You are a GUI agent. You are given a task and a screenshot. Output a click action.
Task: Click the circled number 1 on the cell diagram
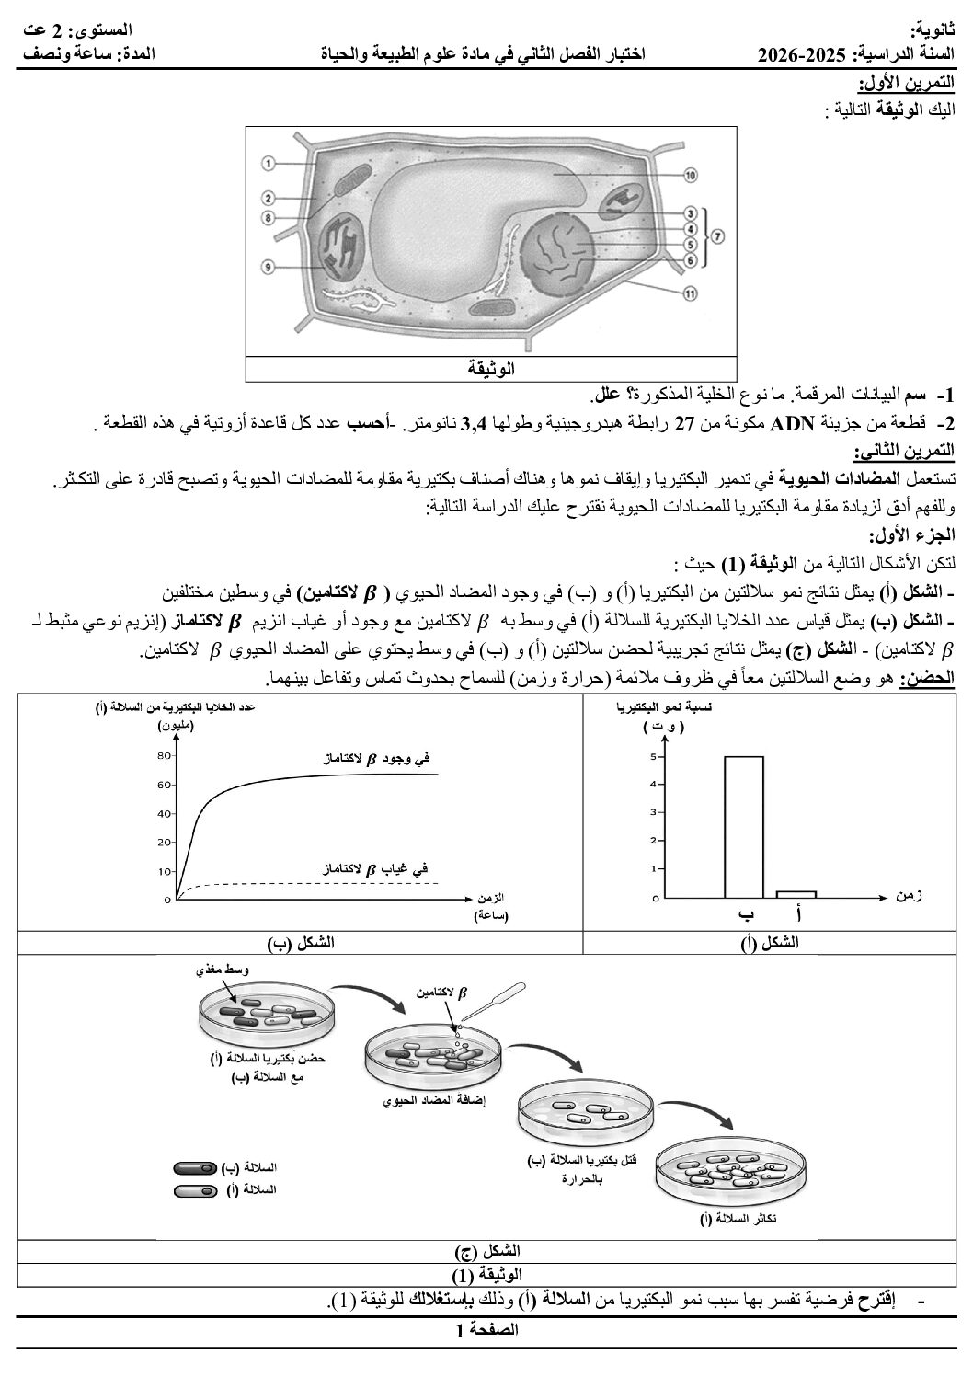click(x=268, y=163)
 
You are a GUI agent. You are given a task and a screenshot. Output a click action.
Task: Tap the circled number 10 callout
click(x=690, y=173)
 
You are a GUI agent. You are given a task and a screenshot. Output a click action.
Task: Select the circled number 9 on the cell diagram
click(x=268, y=268)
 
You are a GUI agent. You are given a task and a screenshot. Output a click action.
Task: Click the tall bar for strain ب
click(x=744, y=826)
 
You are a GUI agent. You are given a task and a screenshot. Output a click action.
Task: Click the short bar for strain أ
click(x=796, y=893)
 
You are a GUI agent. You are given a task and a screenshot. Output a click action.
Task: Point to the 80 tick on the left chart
click(x=166, y=755)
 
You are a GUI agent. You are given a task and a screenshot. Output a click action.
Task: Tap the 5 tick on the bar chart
click(x=653, y=757)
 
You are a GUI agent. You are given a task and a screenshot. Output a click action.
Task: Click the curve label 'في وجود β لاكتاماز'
click(x=372, y=759)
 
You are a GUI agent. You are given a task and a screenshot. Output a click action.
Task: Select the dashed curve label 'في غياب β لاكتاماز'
click(x=374, y=867)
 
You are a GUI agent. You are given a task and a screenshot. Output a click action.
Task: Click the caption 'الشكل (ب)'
click(x=301, y=943)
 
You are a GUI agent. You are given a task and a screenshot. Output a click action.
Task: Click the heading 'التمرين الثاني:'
click(x=906, y=453)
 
